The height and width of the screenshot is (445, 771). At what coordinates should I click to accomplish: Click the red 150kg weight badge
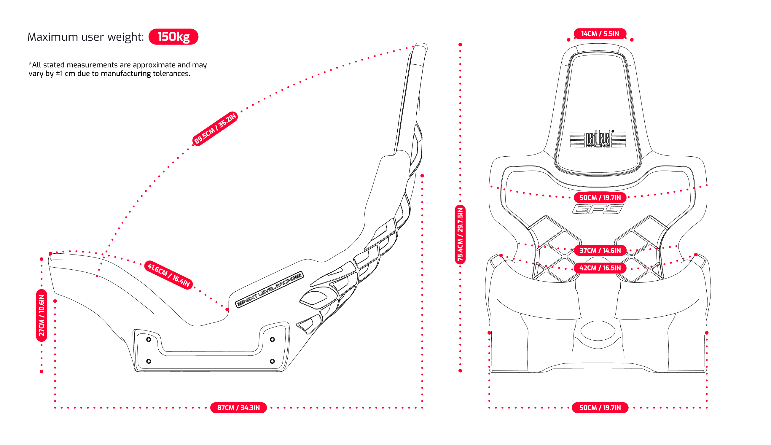(173, 37)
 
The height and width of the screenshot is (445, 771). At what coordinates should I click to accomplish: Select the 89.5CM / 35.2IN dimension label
(215, 128)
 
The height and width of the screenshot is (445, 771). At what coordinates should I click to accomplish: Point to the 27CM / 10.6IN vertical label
(42, 315)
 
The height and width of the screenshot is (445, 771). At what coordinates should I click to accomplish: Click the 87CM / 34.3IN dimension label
(238, 407)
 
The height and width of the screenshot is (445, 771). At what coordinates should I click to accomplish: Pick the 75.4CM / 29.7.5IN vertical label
(460, 234)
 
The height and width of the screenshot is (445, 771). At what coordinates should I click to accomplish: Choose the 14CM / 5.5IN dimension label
(600, 34)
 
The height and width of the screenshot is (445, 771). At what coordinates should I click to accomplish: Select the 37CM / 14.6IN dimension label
(600, 250)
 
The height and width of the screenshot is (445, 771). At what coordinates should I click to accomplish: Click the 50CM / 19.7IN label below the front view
(600, 407)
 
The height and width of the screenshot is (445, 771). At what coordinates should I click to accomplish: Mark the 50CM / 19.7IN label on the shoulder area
(600, 198)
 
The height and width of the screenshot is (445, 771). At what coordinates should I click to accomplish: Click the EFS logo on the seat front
(597, 209)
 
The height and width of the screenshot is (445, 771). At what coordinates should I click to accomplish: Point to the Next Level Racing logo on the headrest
(598, 139)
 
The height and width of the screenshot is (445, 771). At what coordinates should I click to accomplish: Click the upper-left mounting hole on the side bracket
(149, 339)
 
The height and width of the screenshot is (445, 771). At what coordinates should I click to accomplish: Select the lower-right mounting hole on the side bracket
(272, 361)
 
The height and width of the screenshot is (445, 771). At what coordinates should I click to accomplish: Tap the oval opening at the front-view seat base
(598, 330)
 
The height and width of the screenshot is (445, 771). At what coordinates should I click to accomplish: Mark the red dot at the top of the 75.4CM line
(460, 44)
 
